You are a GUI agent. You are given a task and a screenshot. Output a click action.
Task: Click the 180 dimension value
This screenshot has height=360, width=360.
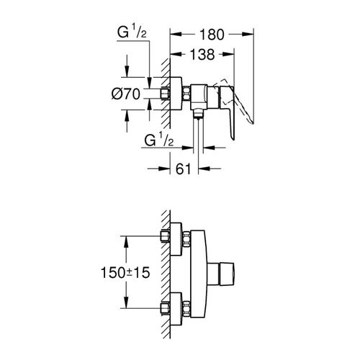point(212,35)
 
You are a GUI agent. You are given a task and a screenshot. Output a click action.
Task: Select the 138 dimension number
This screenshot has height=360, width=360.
point(202,55)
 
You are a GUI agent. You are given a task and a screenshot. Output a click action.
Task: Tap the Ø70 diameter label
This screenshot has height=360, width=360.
point(126,94)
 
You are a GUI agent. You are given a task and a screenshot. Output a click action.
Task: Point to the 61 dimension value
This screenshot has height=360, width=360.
point(184,169)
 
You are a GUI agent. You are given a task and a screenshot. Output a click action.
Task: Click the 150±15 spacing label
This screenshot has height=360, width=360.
point(125,273)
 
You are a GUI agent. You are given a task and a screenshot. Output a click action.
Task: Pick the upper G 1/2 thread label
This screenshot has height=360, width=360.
point(132,32)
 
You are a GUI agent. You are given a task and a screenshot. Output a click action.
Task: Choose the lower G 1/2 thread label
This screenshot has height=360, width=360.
point(159,140)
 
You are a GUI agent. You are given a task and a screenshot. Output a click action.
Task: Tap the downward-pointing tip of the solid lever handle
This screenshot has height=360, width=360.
point(233,140)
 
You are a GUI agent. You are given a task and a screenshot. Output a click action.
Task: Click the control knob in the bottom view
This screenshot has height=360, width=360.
point(220,274)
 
